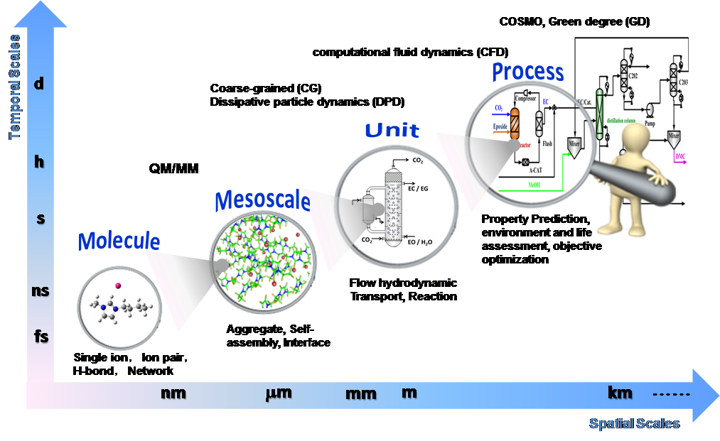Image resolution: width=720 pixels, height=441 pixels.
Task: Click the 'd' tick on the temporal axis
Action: (x=39, y=85)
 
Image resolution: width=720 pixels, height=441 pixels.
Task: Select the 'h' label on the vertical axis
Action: (x=39, y=163)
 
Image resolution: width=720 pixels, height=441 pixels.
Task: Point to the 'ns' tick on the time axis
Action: (x=41, y=290)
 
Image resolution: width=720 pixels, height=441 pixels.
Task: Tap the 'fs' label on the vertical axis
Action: (x=41, y=336)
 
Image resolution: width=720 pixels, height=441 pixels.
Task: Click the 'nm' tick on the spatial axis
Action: (x=174, y=392)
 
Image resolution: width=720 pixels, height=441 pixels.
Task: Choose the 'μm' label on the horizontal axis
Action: (x=278, y=392)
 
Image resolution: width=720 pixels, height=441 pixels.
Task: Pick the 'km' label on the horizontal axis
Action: (x=620, y=392)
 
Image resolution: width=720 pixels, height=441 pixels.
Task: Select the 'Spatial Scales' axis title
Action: (x=633, y=424)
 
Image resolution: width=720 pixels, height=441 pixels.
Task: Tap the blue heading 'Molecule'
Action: (x=119, y=241)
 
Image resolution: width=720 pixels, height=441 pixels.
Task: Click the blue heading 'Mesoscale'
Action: (x=262, y=201)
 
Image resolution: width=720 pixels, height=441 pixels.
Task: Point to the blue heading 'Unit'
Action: (x=392, y=131)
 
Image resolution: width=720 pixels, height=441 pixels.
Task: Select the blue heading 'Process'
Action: (x=528, y=72)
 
